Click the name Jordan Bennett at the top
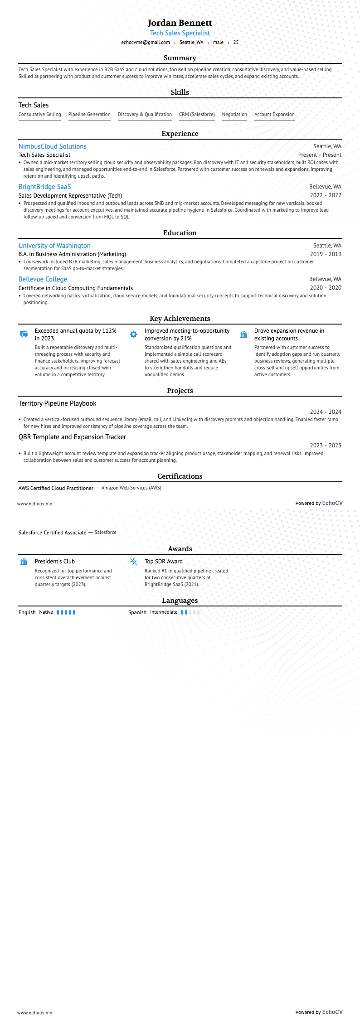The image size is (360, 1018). (180, 23)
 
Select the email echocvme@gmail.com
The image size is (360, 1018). (146, 42)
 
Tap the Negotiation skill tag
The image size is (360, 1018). (234, 115)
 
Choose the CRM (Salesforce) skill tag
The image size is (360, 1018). (197, 115)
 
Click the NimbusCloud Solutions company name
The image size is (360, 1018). (52, 146)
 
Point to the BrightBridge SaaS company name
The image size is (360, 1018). (44, 187)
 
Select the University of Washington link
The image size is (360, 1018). (54, 246)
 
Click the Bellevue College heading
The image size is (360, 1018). (43, 279)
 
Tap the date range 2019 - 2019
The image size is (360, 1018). (326, 254)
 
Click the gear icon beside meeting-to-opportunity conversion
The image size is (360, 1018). (133, 334)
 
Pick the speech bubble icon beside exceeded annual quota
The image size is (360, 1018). (24, 334)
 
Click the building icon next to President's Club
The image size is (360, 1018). (24, 562)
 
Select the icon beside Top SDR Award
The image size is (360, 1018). (133, 562)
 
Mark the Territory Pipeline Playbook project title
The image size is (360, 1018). (57, 403)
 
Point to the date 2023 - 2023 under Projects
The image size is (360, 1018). (326, 446)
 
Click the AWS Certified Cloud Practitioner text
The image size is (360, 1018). (56, 488)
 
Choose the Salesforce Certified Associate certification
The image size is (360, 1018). (52, 533)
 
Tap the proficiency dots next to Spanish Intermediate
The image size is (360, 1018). (190, 612)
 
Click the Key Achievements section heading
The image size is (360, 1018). (180, 319)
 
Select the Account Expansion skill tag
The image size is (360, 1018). (274, 115)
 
